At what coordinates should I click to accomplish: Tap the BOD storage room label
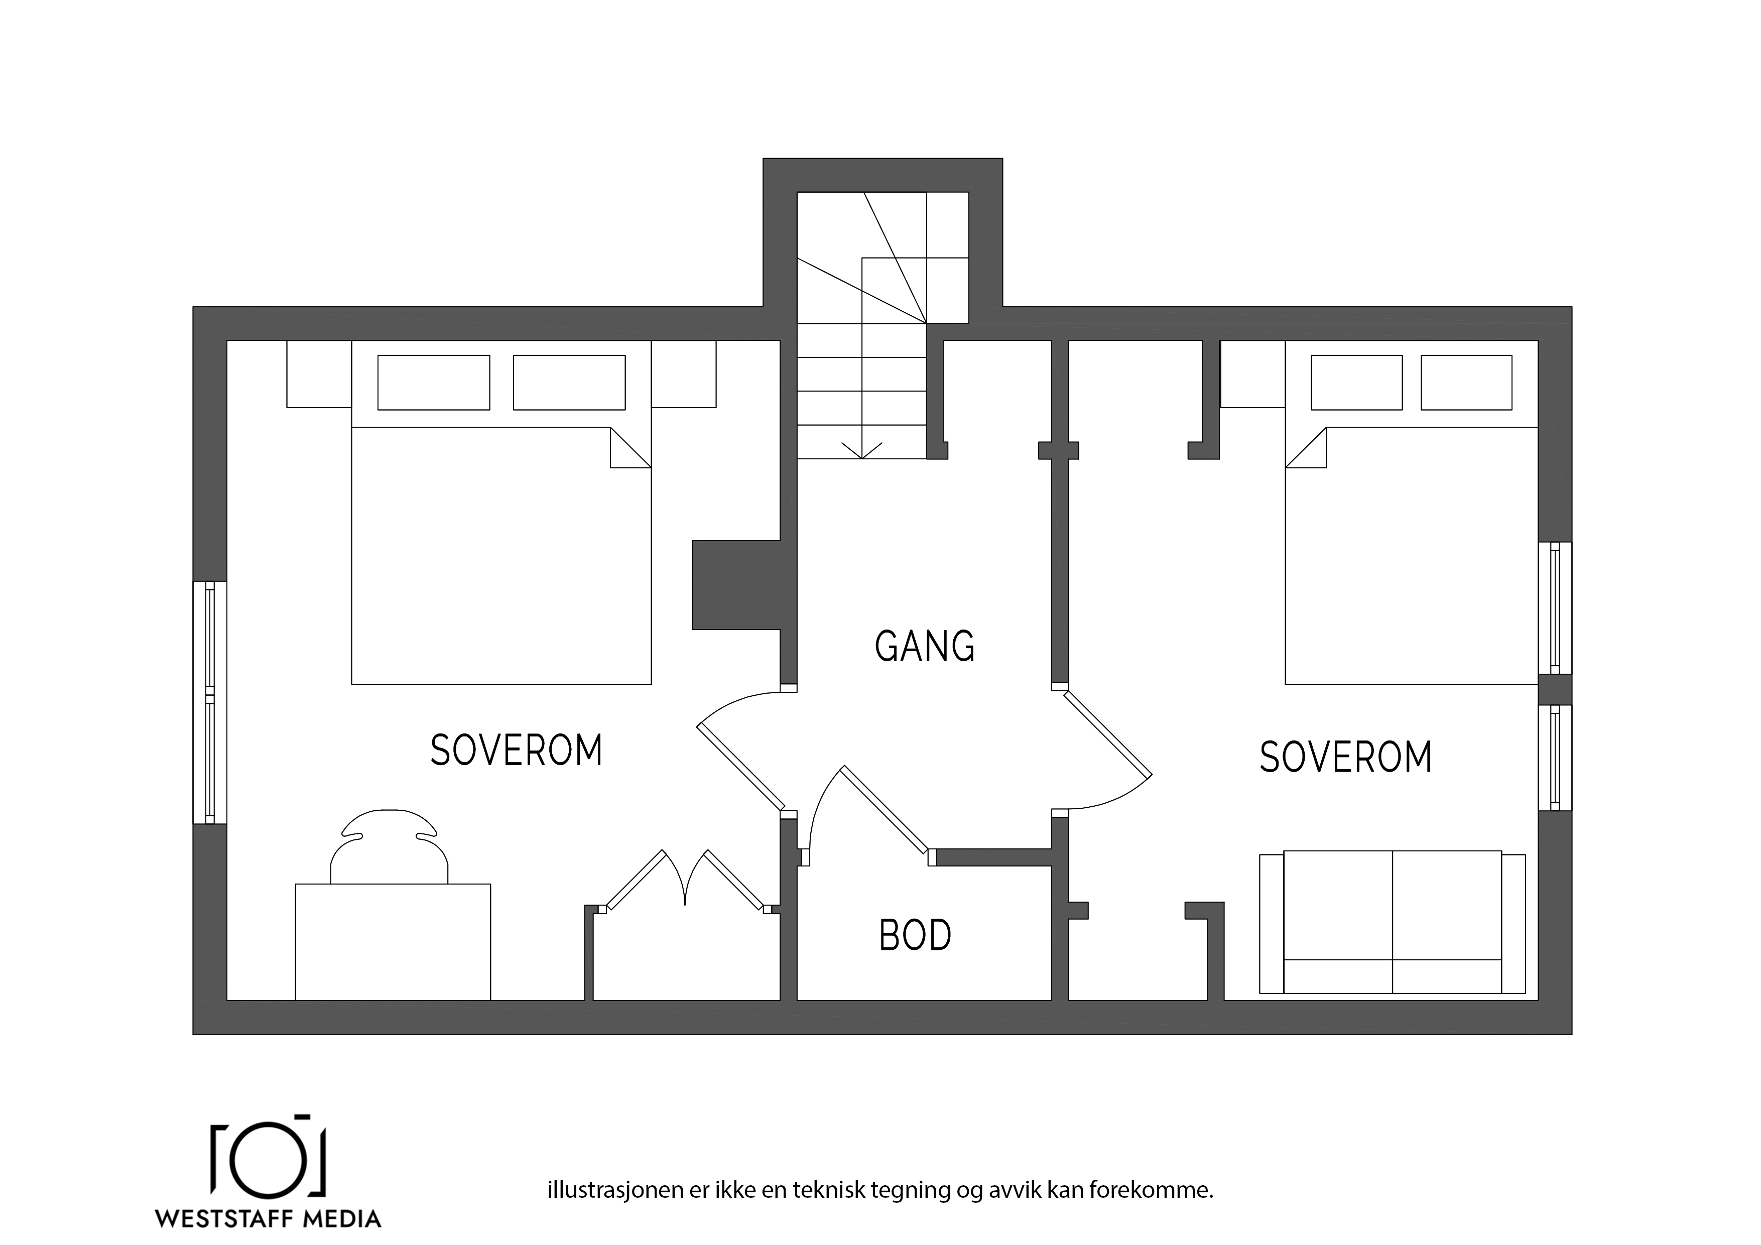tap(915, 935)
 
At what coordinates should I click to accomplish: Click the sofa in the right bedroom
tap(1392, 922)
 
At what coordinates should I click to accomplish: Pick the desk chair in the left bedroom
tap(390, 846)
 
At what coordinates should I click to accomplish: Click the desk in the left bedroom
tap(393, 942)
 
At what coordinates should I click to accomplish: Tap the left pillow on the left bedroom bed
tap(433, 382)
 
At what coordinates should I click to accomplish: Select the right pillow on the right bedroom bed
tap(1466, 382)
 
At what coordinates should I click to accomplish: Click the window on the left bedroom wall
tap(209, 703)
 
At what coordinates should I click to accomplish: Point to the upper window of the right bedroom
tap(1555, 607)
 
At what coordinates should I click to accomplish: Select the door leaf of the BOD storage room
tap(886, 810)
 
